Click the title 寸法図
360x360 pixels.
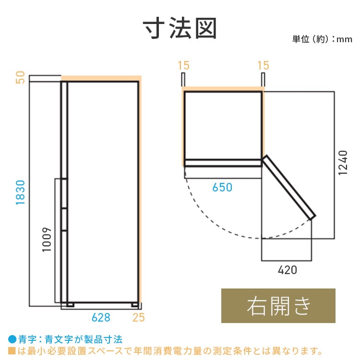coord(180,29)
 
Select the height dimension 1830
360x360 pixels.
coord(20,193)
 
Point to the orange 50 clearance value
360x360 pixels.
coord(20,77)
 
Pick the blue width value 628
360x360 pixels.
coord(101,317)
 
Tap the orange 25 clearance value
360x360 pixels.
coord(138,317)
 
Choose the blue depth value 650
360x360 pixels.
coord(222,187)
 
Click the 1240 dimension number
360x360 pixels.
coord(343,163)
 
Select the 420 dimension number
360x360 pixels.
coord(287,270)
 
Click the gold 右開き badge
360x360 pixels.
coord(278,306)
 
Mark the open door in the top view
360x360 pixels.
coord(289,187)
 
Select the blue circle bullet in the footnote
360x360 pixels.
coord(12,338)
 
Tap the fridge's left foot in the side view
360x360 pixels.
coord(71,304)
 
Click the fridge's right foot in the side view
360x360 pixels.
coord(134,304)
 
